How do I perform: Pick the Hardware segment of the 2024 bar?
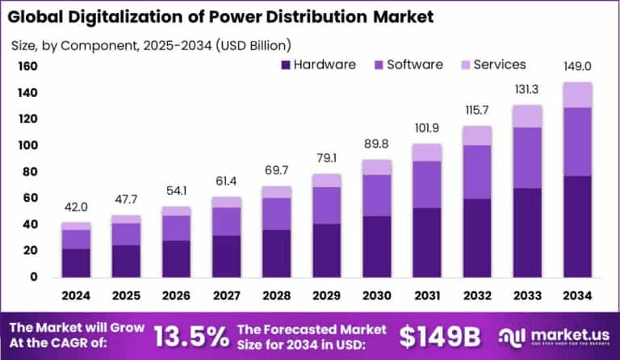[x=77, y=262]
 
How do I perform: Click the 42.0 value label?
[x=77, y=208]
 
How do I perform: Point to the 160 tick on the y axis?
[x=27, y=66]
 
